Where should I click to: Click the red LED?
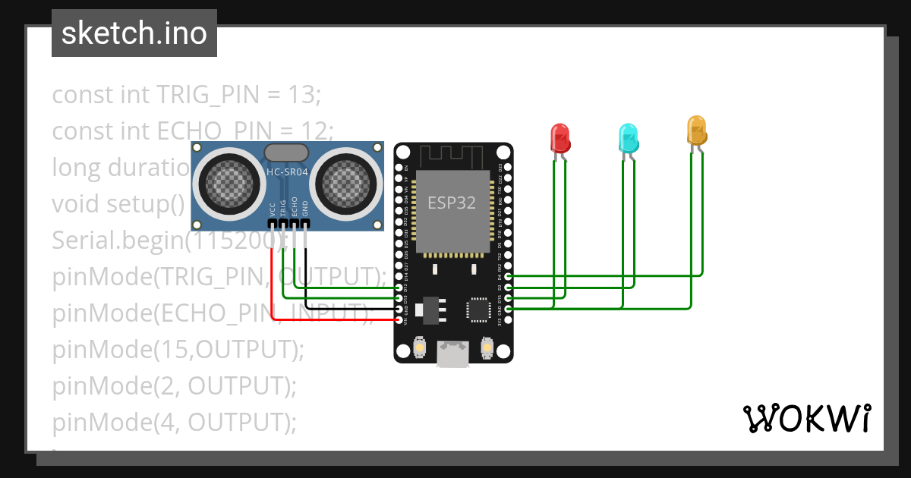click(560, 138)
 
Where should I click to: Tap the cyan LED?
click(628, 138)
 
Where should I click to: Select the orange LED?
click(696, 130)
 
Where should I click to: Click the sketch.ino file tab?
click(134, 33)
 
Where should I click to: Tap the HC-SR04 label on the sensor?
click(286, 172)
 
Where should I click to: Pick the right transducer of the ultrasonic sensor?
click(348, 182)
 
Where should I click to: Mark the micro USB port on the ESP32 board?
click(453, 354)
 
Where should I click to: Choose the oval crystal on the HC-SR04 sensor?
click(286, 153)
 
